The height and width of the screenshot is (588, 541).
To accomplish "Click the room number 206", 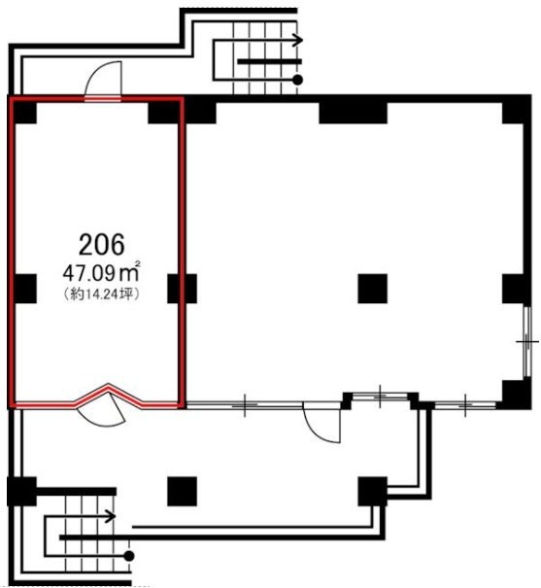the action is (102, 245).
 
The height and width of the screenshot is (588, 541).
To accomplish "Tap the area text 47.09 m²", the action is (101, 272).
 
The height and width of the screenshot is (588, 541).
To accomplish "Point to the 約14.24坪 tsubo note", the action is (102, 294).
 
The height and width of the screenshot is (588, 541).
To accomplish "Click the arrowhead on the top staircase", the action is (298, 40).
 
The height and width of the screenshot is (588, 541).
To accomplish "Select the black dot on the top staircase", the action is (298, 80).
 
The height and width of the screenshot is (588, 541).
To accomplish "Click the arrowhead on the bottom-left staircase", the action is (111, 516).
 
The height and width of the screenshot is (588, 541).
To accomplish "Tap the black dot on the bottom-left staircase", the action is (129, 556).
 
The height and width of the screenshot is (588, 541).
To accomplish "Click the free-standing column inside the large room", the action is (372, 289).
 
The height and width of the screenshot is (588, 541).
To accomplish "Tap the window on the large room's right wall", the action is (527, 341).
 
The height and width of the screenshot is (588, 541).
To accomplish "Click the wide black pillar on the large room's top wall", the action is (353, 110).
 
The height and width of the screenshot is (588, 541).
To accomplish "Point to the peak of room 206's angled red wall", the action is (109, 386).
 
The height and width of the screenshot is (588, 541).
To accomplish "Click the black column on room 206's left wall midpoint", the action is (24, 289).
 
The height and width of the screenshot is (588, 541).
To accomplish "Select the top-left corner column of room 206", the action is (24, 112).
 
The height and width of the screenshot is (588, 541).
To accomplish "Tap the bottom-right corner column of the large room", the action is (517, 395).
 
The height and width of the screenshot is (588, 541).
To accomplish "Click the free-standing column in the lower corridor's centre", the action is (182, 491).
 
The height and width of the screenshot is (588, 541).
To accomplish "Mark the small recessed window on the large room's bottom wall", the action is (380, 396).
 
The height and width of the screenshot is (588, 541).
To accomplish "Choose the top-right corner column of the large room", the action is (517, 110).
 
